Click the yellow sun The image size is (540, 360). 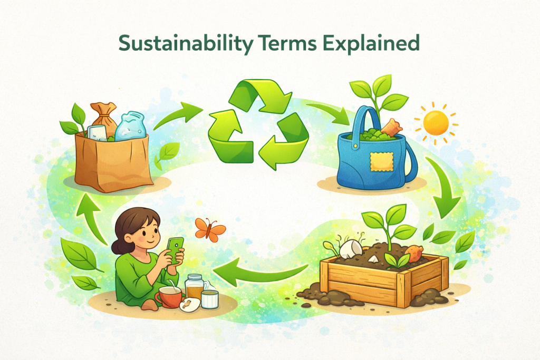436,122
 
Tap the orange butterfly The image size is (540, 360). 209,229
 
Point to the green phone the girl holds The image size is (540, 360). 175,248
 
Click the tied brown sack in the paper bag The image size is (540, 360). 104,117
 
